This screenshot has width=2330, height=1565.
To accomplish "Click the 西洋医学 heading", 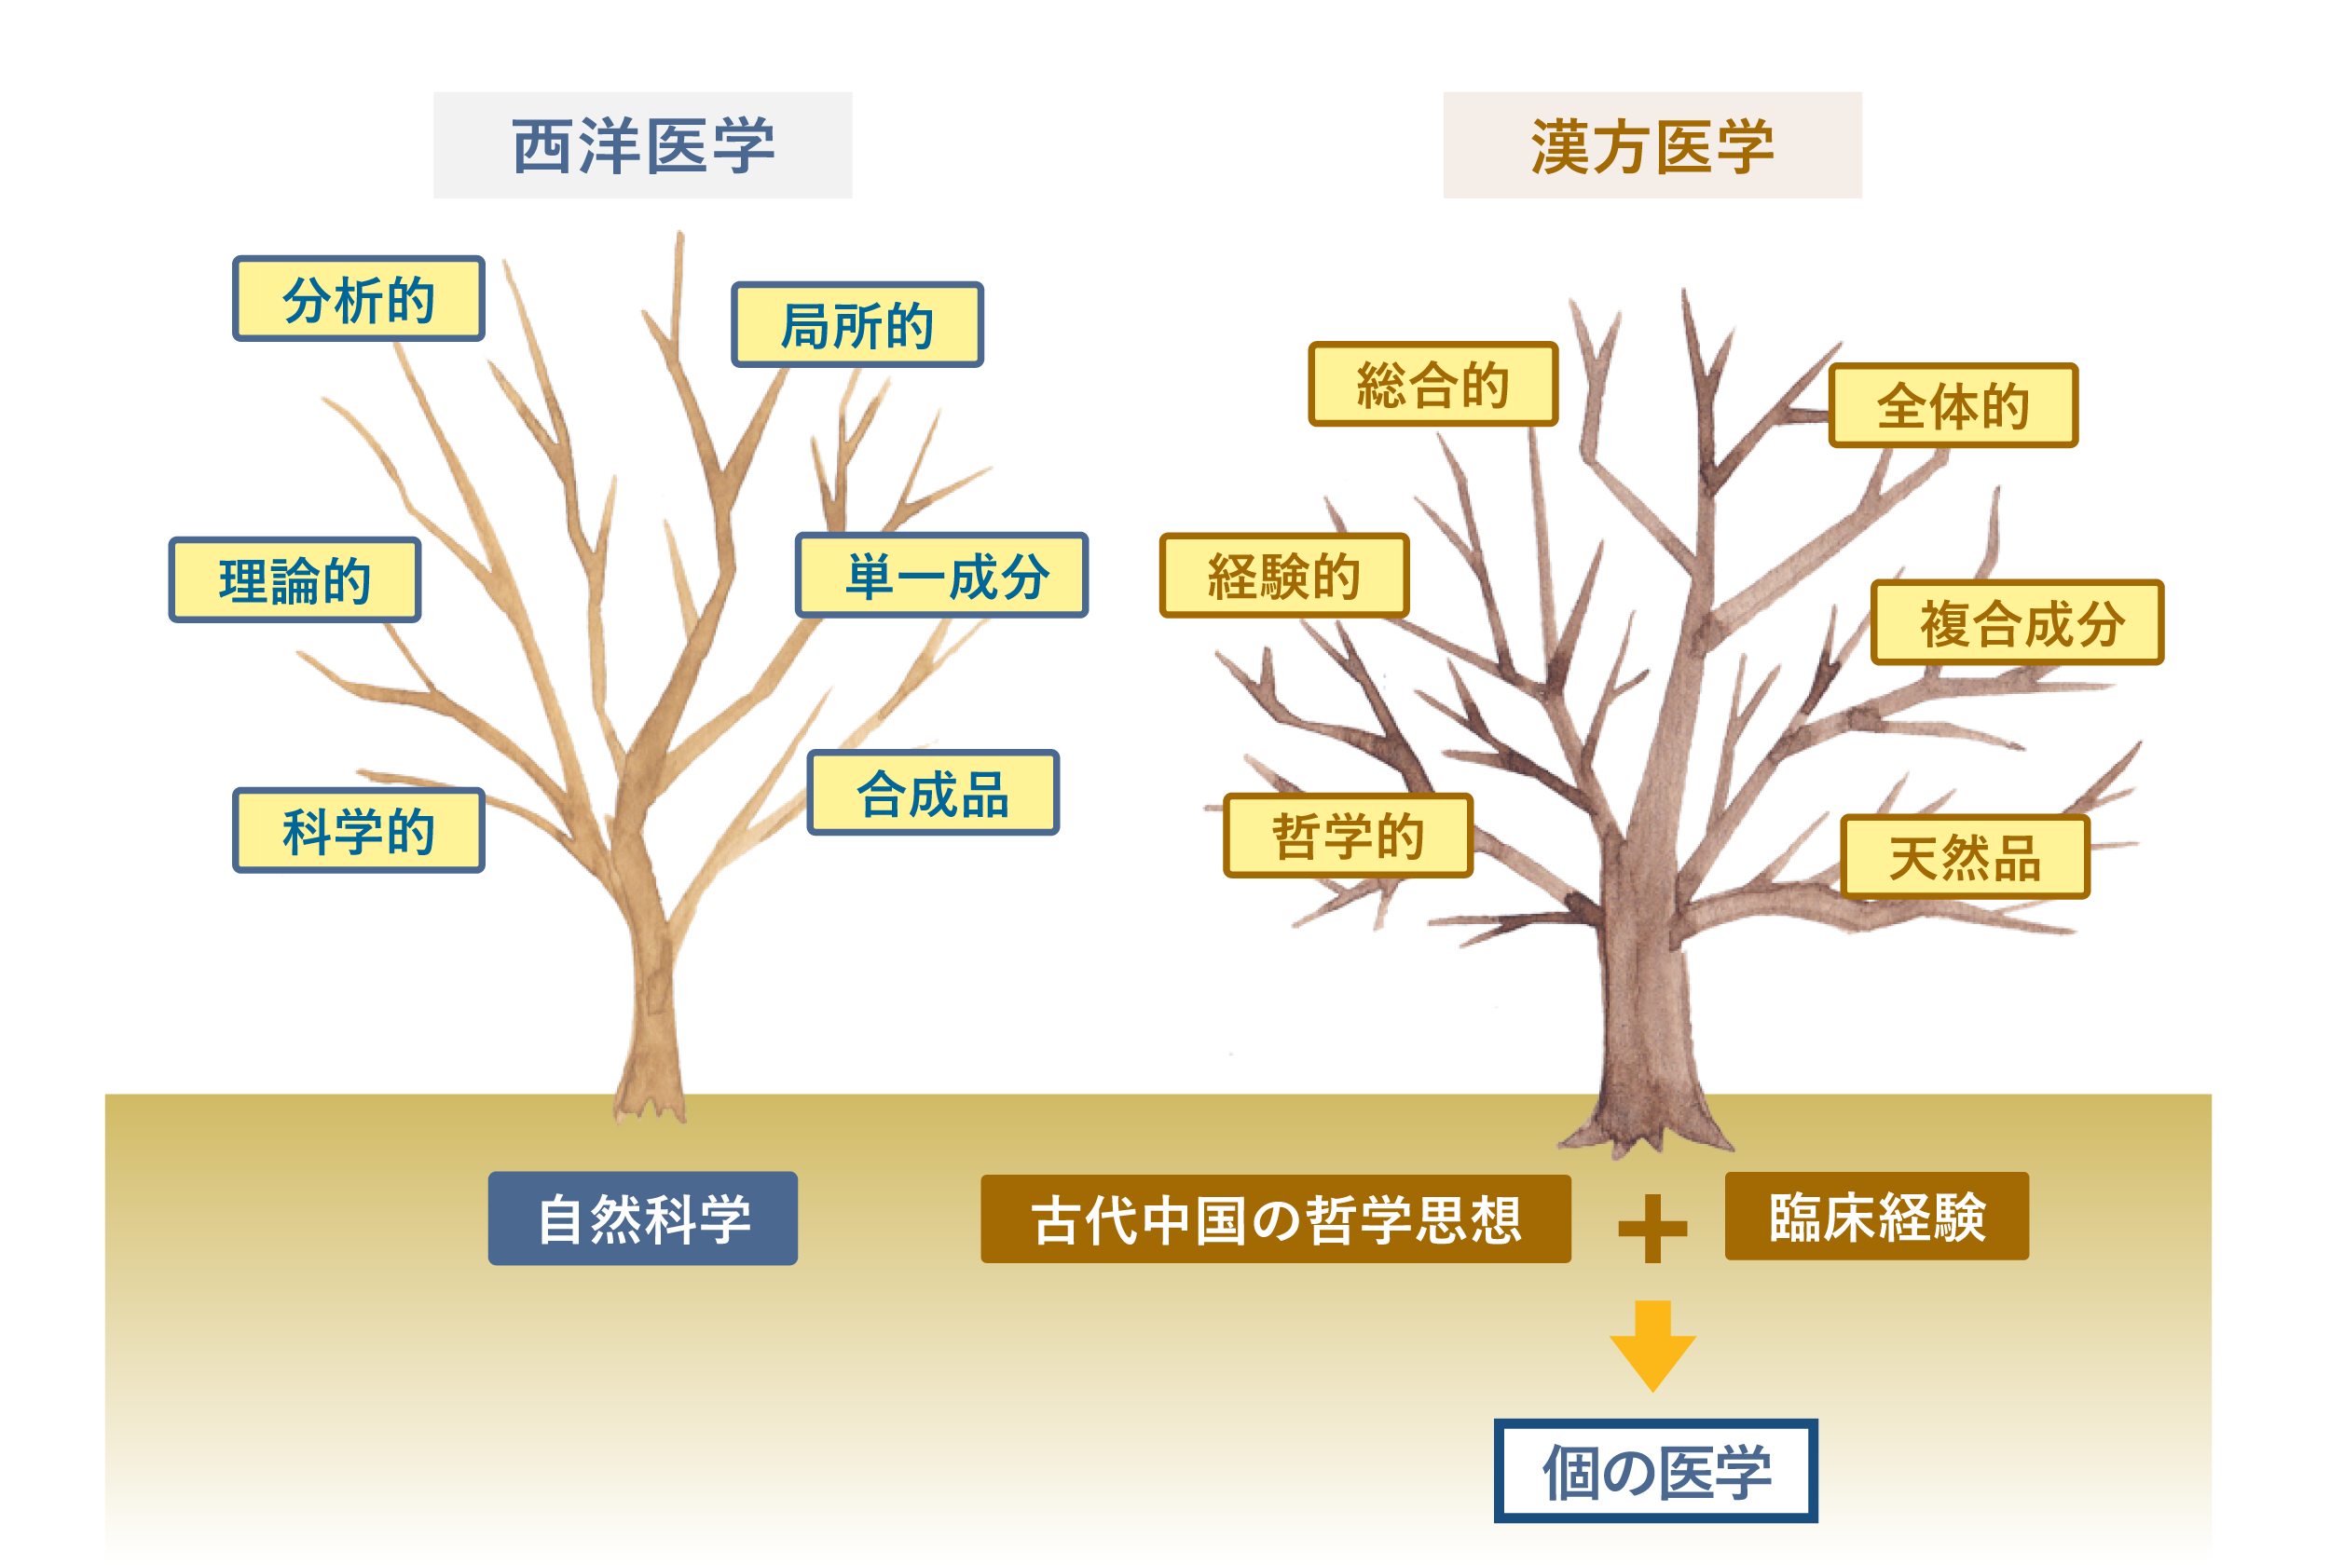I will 642,145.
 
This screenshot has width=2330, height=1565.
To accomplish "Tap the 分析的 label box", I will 359,298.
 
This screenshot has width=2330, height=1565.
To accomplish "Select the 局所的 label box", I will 857,324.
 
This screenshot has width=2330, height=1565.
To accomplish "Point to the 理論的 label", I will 295,579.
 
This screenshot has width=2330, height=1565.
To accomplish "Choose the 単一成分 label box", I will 940,575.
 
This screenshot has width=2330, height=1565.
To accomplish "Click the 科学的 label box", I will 359,830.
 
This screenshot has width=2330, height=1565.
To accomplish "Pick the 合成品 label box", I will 932,793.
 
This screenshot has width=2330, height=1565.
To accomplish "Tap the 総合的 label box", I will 1432,384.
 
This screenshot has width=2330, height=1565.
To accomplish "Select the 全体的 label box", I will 1953,405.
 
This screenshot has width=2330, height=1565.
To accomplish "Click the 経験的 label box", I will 1283,575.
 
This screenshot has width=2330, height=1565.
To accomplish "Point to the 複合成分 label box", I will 2017,622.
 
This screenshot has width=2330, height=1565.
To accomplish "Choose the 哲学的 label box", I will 1348,836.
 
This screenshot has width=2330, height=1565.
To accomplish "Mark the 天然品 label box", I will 1965,856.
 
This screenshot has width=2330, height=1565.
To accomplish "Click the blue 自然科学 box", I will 642,1218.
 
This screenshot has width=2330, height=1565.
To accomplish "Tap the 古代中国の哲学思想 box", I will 1275,1218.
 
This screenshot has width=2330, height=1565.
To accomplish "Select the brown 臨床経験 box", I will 1876,1216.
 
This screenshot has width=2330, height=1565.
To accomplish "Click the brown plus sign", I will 1652,1228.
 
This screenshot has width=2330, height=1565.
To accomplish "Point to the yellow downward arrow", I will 1652,1345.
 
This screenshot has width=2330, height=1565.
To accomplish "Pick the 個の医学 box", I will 1655,1470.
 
